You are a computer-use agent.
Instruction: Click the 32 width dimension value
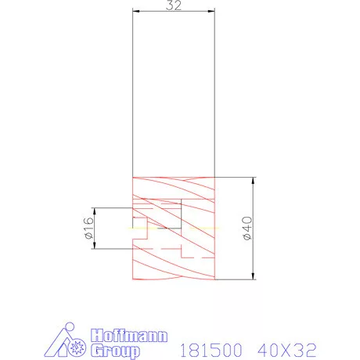175,5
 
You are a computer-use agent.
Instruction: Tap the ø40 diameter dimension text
246,228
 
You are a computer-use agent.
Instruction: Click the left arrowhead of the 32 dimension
136,11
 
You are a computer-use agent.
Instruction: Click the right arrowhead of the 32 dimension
212,11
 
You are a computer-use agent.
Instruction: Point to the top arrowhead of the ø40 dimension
254,181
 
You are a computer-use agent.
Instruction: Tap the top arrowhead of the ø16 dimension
95,211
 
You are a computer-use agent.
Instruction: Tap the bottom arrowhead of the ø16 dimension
95,244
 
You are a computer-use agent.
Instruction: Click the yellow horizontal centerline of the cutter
157,228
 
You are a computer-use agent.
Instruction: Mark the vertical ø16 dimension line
95,235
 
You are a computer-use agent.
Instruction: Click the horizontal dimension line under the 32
157,11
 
